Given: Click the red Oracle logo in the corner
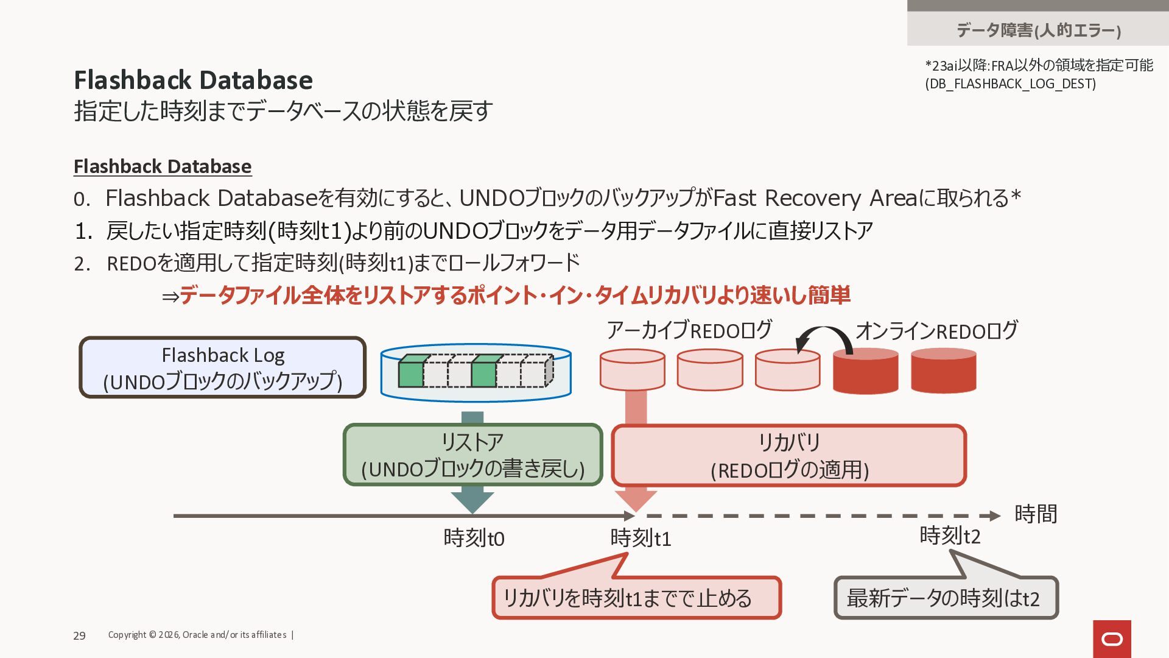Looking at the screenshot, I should tap(1112, 639).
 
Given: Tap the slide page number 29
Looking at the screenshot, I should tap(79, 635).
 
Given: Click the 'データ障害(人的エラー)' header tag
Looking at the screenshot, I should tap(1038, 29).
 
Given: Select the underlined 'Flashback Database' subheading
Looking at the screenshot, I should tap(163, 166).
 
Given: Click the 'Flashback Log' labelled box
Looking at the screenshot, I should tap(223, 367).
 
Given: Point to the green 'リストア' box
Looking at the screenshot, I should tap(472, 455).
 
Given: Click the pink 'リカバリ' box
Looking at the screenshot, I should tap(789, 456).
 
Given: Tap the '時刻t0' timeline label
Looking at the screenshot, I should tap(474, 538).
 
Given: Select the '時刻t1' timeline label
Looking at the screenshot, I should tap(641, 538).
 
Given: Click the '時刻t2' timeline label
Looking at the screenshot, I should tap(950, 536).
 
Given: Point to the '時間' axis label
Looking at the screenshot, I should tap(1035, 514).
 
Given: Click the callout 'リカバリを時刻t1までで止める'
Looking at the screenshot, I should tap(636, 598).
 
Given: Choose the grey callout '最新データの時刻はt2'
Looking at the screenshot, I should tap(946, 598).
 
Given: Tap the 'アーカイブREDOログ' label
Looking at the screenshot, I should tap(689, 330).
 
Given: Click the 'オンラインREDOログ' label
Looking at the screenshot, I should tap(936, 331).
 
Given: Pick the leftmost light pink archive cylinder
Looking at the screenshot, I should tap(632, 369).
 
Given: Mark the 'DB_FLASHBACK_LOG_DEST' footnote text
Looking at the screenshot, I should tap(1011, 83).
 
